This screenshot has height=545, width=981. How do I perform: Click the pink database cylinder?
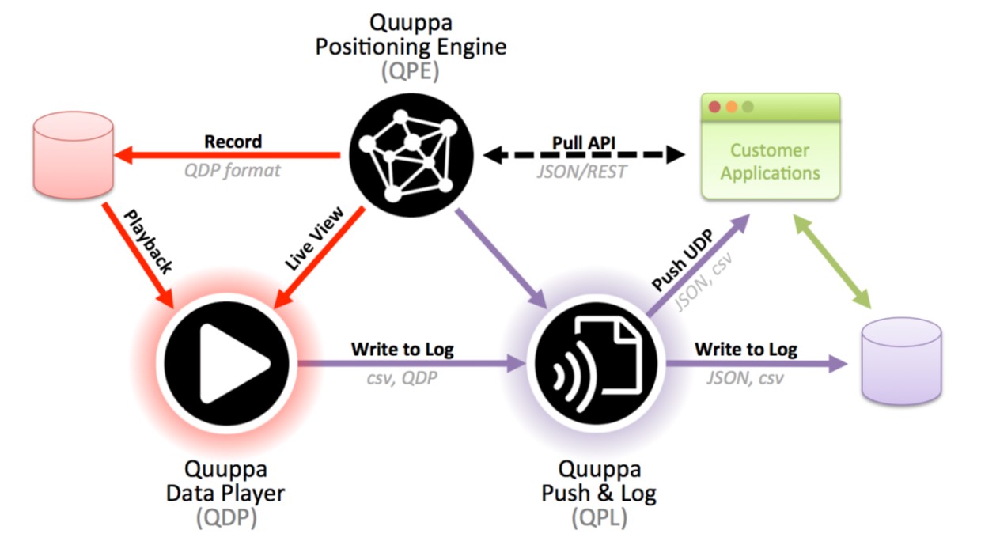click(74, 155)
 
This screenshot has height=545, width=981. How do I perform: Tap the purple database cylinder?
click(901, 361)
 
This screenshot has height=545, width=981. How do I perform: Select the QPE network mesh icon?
click(411, 155)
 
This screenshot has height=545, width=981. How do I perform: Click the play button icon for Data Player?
click(226, 363)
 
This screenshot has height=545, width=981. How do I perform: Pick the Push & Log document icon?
click(596, 363)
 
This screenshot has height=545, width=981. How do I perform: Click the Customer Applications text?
click(770, 161)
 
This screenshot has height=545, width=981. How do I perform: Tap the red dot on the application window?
click(714, 107)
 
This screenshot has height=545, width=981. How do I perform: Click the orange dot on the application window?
click(731, 107)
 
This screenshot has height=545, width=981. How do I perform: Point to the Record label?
click(233, 142)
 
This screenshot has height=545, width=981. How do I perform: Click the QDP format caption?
click(232, 170)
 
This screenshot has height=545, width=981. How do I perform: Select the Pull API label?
click(583, 142)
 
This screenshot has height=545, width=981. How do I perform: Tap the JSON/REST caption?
click(581, 172)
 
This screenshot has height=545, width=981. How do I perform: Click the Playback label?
click(149, 241)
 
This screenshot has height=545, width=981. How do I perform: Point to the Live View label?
click(314, 239)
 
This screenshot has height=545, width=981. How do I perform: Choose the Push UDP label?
click(682, 259)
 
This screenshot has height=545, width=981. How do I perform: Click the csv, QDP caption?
click(402, 378)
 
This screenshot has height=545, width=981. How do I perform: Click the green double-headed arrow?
click(832, 262)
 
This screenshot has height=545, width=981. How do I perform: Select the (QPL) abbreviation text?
click(599, 517)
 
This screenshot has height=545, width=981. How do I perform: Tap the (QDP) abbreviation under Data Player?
click(226, 517)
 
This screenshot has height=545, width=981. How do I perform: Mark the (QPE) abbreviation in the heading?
click(411, 70)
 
